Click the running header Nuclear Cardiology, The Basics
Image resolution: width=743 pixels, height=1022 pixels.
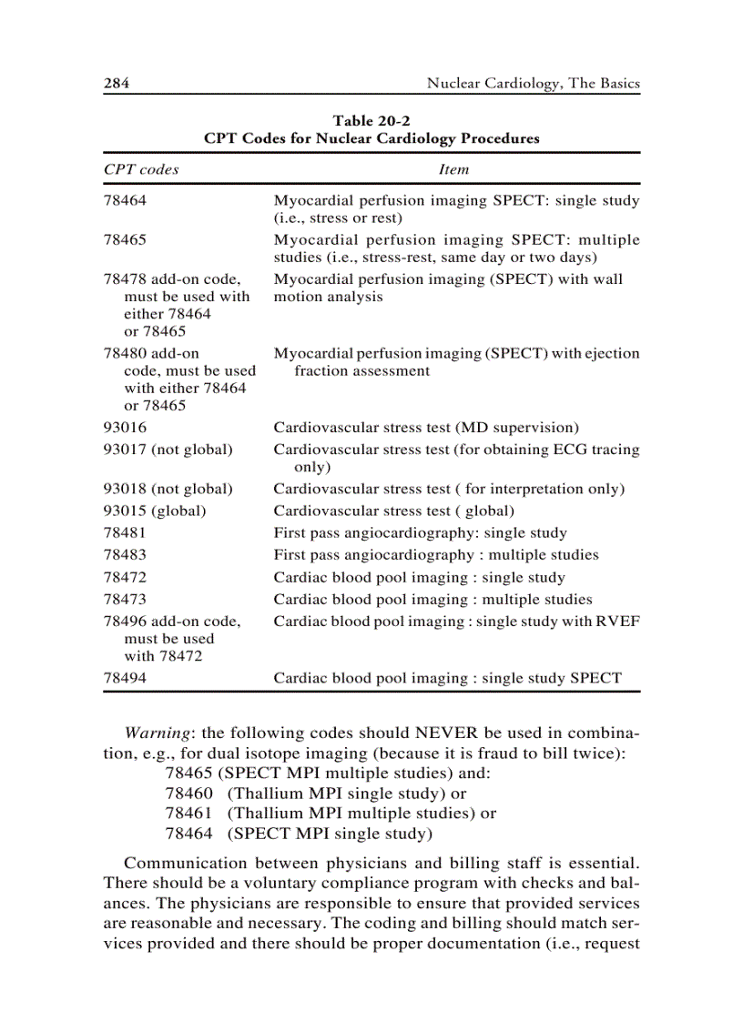[x=533, y=84]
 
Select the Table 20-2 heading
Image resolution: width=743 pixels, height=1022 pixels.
[x=371, y=120]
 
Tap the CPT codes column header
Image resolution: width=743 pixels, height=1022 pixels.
[x=141, y=169]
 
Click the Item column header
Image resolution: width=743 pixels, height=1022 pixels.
[x=453, y=169]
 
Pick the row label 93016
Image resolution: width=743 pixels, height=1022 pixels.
[x=125, y=427]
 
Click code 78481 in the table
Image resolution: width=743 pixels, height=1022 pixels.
[x=125, y=533]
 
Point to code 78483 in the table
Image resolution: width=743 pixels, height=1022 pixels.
[x=125, y=555]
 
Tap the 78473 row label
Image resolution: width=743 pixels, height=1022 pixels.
[x=125, y=600]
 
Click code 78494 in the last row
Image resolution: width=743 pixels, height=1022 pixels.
[x=125, y=678]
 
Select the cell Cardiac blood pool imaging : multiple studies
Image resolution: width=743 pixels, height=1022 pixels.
[x=433, y=600]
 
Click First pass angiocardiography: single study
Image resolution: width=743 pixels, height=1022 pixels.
[x=420, y=533]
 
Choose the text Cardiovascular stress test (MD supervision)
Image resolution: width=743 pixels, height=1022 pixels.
[x=426, y=427]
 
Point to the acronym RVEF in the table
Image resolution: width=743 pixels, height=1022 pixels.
[x=618, y=622]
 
